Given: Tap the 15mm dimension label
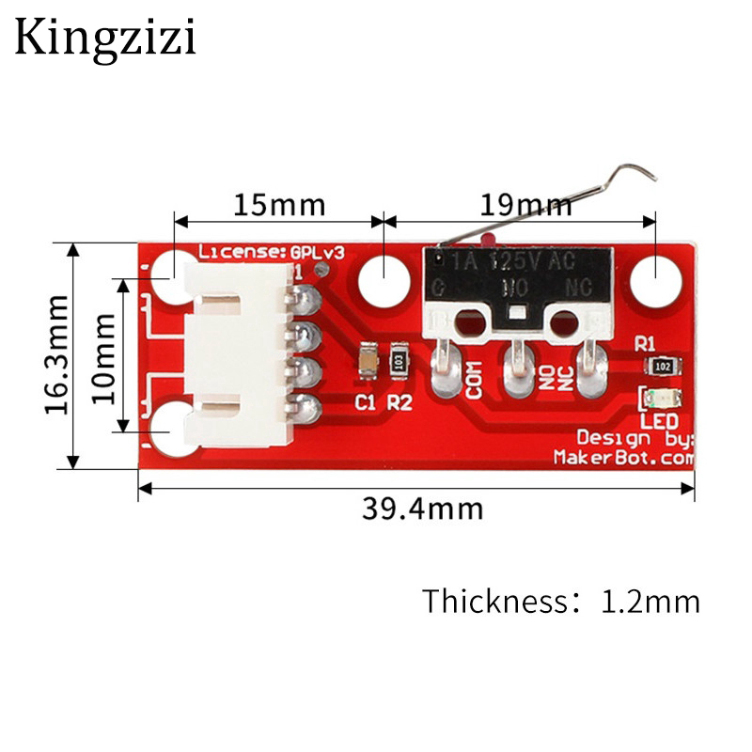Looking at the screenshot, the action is [x=278, y=204].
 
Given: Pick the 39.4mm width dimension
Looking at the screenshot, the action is [x=422, y=509].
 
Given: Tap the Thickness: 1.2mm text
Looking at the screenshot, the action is [x=560, y=601].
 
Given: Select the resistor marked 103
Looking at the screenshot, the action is [x=399, y=359].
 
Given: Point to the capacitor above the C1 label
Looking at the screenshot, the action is [x=368, y=359].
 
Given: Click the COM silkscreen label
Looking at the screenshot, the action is [x=474, y=379].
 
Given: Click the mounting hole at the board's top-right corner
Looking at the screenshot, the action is [x=654, y=280].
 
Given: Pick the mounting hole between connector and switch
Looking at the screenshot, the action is [x=384, y=280].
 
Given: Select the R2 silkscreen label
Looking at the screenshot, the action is [x=399, y=403].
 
